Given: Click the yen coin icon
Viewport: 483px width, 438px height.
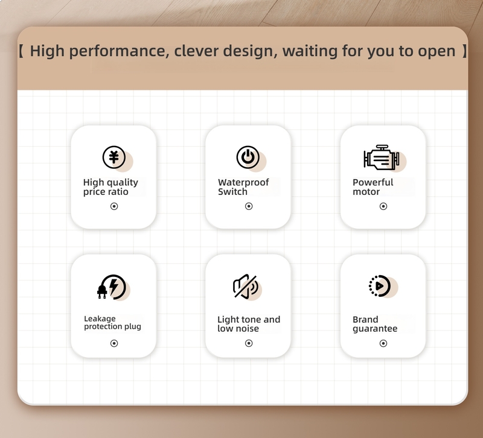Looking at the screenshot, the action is (x=114, y=157).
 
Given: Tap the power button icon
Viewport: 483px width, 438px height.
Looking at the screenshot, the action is (x=248, y=157).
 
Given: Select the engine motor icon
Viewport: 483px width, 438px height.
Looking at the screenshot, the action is (x=382, y=157).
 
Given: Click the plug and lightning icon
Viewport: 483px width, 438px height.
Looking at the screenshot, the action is (x=112, y=287).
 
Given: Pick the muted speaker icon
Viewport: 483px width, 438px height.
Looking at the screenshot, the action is (x=246, y=287).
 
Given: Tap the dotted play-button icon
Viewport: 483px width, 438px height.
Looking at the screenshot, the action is (x=380, y=286).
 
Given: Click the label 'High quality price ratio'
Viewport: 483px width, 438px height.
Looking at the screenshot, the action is (x=110, y=187).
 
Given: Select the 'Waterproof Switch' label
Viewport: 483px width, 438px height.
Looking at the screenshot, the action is (x=243, y=187).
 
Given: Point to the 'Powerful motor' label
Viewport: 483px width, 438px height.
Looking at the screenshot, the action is (x=373, y=187).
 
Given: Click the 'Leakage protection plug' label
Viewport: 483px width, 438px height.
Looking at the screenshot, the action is (x=112, y=323).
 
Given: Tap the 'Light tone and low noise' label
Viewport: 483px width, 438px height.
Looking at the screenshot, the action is (x=249, y=324).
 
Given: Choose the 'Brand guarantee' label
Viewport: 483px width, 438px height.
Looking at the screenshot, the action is (x=375, y=324).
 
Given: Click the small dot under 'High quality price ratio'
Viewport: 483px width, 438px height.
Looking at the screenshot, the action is (x=114, y=206).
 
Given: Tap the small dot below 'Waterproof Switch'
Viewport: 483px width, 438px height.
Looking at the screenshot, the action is (x=249, y=206).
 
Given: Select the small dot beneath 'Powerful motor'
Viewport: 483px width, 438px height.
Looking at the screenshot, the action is (x=383, y=206).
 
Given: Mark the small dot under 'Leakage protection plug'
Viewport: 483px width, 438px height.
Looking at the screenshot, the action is (x=114, y=343).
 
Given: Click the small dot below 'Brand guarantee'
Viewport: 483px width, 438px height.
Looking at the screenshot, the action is (x=383, y=343).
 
